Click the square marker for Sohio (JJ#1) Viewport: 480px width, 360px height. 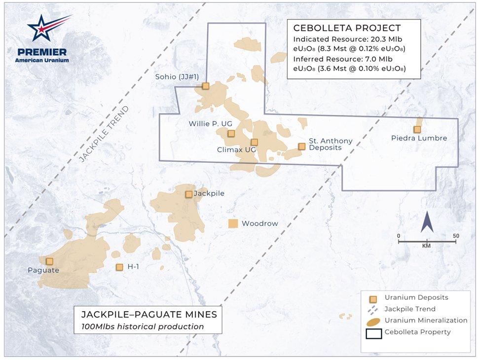pos(206,86)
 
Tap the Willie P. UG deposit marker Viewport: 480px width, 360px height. pos(231,133)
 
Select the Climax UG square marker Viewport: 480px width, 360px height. pos(255,142)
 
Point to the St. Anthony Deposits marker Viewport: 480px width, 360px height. pos(301,146)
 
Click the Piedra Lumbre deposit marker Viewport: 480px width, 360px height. pos(417,129)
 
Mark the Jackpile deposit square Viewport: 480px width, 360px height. pos(188,194)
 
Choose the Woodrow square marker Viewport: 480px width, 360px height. pos(233,223)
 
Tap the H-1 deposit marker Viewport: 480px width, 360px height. pos(119,267)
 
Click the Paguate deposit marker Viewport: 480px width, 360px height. pos(49,261)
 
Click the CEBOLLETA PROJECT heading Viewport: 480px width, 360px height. pos(347,28)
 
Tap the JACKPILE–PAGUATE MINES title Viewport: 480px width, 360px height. pos(148,314)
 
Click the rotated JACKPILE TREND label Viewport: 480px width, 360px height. pos(104,134)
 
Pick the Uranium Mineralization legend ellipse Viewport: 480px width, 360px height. pos(373,321)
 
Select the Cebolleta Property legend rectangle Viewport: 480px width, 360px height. pos(373,332)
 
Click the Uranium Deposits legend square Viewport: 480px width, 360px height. pos(373,298)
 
